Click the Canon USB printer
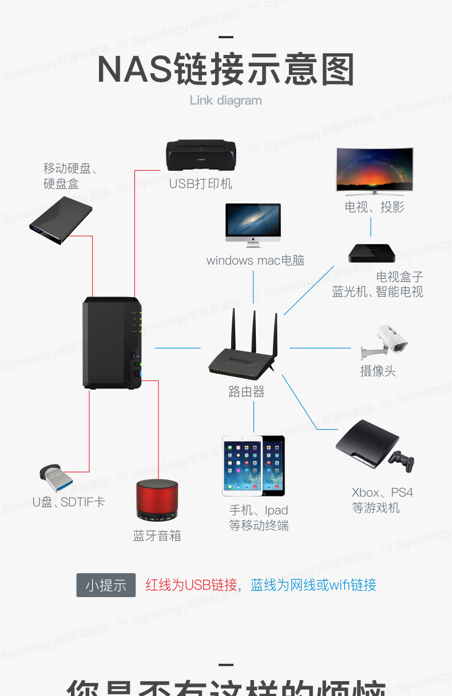point(201,155)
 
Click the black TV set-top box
point(372,252)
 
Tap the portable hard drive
point(61,220)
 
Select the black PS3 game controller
point(402,460)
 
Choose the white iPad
point(242,465)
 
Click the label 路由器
point(247,392)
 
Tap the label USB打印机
point(200,184)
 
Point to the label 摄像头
point(378,371)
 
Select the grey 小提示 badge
point(106,585)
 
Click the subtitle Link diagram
point(225,101)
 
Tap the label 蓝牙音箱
point(157,535)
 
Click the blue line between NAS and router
point(177,347)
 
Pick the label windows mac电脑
point(255,261)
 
